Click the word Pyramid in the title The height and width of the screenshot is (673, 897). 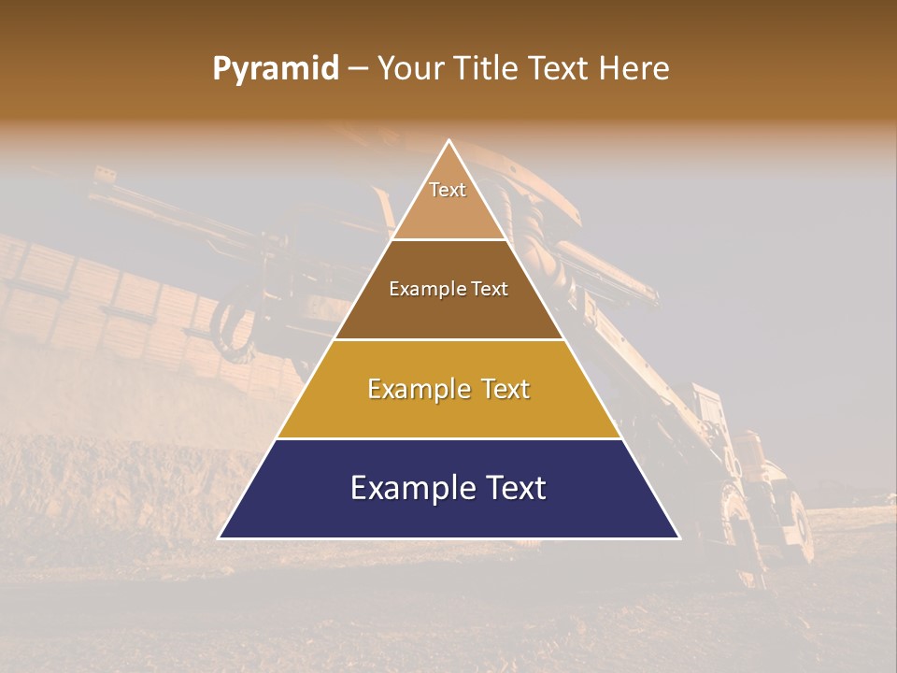click(276, 69)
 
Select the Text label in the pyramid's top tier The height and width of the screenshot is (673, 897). click(448, 190)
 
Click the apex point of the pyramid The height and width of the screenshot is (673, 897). click(449, 141)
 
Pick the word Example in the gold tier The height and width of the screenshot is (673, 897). click(418, 389)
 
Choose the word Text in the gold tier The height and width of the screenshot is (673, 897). click(502, 389)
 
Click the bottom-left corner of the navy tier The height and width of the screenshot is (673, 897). click(220, 537)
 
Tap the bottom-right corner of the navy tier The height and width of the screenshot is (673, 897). click(679, 537)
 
